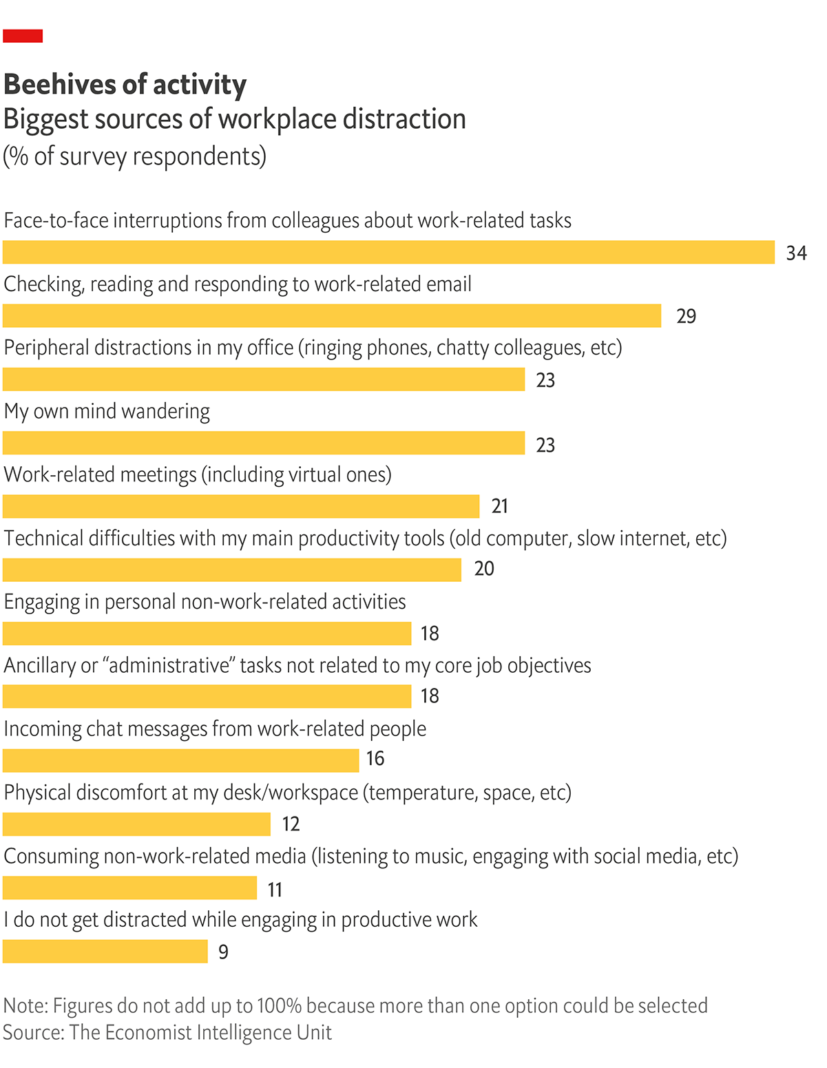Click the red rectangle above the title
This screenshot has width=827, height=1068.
click(23, 36)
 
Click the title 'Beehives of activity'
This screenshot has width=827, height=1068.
click(125, 84)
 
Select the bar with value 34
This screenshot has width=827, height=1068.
click(388, 252)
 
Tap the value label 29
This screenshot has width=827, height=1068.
click(686, 316)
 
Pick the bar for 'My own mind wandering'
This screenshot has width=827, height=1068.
click(264, 443)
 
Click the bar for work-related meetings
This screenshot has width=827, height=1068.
click(241, 506)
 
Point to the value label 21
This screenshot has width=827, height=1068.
click(500, 506)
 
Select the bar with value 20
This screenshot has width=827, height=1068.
click(232, 569)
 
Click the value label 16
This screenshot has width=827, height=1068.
click(375, 758)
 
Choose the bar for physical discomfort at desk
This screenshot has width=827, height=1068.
click(136, 824)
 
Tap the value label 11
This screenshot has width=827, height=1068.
click(275, 890)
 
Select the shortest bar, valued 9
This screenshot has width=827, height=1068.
click(105, 951)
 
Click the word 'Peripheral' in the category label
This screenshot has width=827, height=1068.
click(46, 348)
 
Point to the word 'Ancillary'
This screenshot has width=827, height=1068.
click(41, 666)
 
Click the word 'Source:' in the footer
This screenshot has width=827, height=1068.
click(33, 1032)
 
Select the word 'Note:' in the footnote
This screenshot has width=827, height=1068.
click(25, 1005)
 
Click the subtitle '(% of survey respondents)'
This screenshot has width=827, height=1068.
click(134, 156)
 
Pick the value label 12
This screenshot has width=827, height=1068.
click(291, 824)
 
